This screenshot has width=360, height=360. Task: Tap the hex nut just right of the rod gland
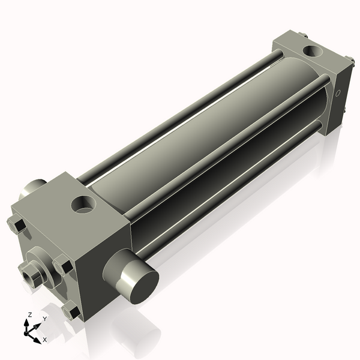[x=62, y=265]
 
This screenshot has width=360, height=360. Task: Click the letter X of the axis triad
[x=44, y=340]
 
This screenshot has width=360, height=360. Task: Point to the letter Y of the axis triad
[x=44, y=319]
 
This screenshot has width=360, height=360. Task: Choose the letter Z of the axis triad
[x=30, y=314]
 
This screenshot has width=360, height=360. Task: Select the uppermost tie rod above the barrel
[x=180, y=108]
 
